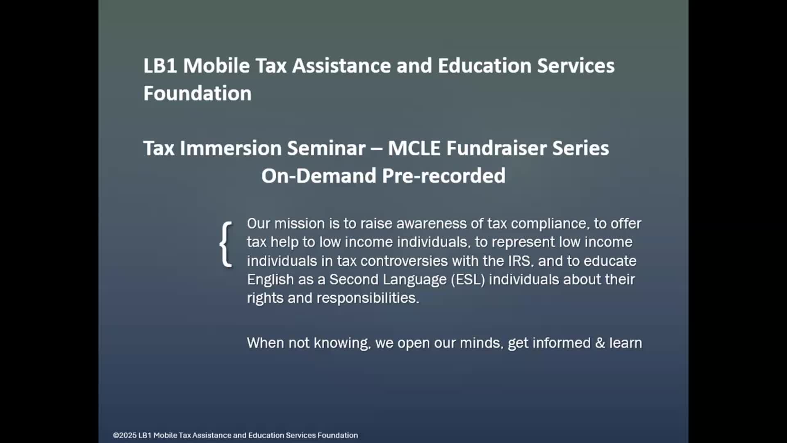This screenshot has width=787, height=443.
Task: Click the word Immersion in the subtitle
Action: tap(232, 148)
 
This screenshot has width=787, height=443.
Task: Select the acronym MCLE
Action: tap(414, 148)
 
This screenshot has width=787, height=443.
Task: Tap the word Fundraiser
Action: tap(496, 148)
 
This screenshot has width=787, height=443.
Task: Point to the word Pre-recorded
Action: tap(444, 176)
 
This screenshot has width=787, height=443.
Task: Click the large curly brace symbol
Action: tap(226, 244)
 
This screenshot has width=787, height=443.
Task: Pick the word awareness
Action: tap(432, 224)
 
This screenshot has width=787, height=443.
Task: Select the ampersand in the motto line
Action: tap(600, 343)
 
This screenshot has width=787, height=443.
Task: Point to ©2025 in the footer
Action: tap(125, 435)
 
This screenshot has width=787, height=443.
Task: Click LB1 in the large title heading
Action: tap(160, 66)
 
